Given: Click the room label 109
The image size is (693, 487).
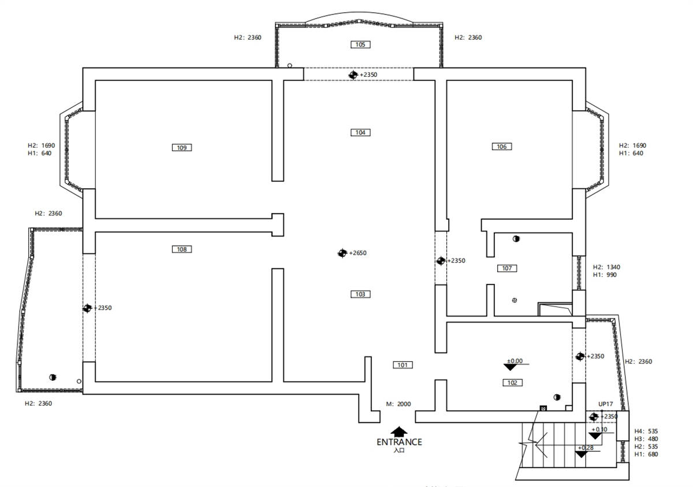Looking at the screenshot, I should point(182,148).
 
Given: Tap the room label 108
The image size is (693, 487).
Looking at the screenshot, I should point(182,249).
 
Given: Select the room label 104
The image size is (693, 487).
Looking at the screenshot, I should point(360,133).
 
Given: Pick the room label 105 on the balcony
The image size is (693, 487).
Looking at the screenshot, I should point(360,44).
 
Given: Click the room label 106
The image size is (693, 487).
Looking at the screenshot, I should point(501,147).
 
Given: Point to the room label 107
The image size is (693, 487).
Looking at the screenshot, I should point(506,268).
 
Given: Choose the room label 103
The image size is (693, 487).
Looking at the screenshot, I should point(360,294).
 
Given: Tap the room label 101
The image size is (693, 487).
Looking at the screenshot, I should point(403,365).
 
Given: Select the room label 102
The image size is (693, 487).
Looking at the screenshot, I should point(512,383).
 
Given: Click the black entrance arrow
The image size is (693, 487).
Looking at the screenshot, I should point(399,431).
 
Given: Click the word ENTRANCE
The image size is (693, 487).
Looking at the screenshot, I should point(399,442).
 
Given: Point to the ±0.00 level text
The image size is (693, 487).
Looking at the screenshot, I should point(515,361).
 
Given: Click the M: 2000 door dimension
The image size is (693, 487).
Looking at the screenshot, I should point(398,404).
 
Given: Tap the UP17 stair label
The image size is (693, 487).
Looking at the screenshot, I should point(606,404).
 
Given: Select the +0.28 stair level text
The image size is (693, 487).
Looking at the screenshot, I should point(585,448).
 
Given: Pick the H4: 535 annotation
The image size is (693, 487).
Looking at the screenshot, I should point(646,431).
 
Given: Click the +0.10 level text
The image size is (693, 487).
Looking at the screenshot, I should point(599,429).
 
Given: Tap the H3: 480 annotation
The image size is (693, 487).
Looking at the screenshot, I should point(646,439).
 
